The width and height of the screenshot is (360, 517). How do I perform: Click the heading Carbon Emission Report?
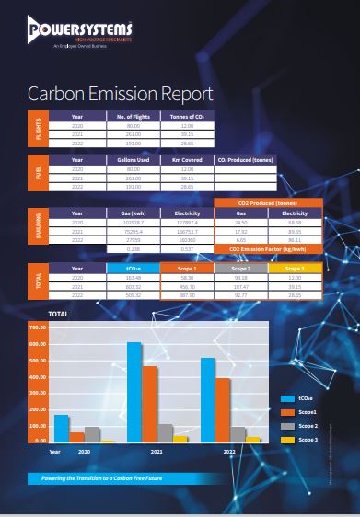tap(121, 94)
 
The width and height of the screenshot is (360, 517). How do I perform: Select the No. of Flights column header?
tap(134, 116)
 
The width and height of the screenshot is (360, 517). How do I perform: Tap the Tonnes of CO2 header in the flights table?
tap(187, 116)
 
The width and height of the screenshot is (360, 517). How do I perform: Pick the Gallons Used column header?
tap(134, 160)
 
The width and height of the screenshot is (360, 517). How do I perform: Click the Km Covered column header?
tap(187, 160)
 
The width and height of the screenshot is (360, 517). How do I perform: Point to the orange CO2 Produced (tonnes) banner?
tap(268, 201)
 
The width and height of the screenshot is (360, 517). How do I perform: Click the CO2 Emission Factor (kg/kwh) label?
tap(268, 248)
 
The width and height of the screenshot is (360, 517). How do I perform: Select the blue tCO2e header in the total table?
tap(134, 268)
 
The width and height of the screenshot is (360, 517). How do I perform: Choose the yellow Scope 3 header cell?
tap(295, 268)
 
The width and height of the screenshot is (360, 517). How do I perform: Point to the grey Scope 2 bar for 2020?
tap(91, 435)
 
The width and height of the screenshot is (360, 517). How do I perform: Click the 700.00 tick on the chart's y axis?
tap(37, 327)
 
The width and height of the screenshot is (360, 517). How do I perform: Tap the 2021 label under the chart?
tap(157, 453)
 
